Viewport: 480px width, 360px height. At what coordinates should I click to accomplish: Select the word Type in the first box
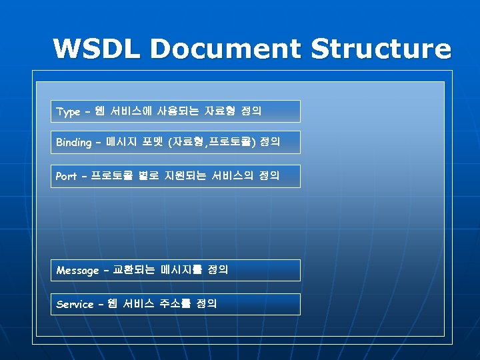point(68,112)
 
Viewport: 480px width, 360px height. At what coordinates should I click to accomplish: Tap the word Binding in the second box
point(73,143)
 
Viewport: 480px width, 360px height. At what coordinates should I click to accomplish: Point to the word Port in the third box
point(66,177)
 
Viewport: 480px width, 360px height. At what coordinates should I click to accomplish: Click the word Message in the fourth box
point(77,271)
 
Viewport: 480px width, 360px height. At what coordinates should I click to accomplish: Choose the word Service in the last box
point(75,305)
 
